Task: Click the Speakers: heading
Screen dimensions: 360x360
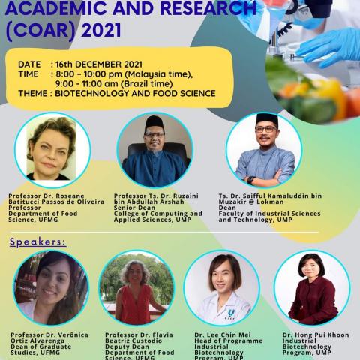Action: (x=37, y=242)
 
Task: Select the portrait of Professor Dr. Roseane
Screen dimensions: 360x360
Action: (x=52, y=150)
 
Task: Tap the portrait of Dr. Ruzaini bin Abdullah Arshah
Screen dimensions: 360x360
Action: (x=154, y=150)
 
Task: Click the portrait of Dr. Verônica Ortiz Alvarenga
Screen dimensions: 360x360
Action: (x=51, y=287)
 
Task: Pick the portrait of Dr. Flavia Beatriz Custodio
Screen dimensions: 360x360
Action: (x=136, y=287)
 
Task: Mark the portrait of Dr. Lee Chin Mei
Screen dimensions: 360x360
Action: (x=221, y=287)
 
